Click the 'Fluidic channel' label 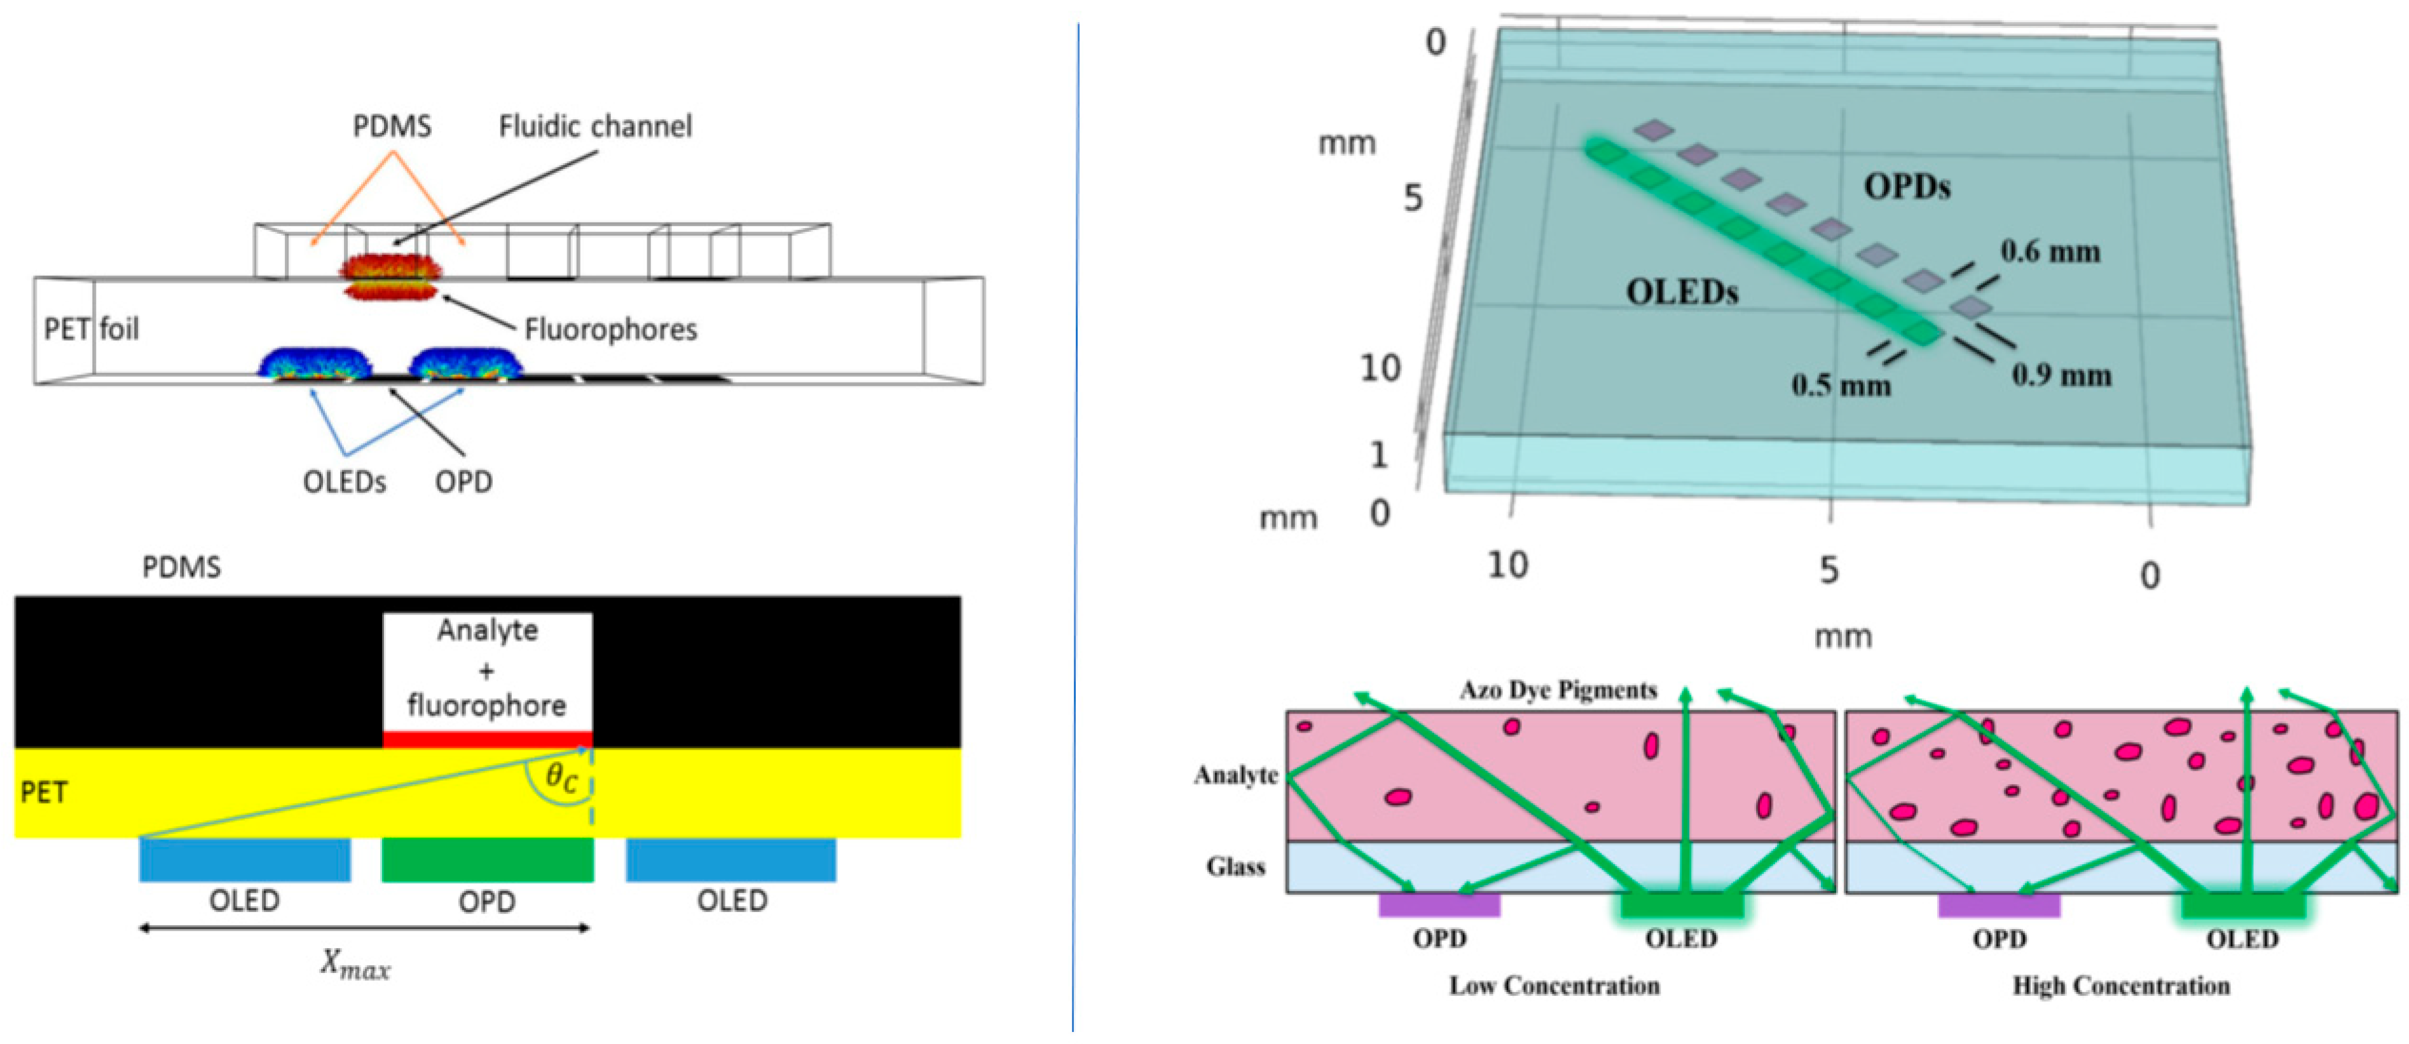pyautogui.click(x=594, y=126)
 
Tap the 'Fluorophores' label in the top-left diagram pyautogui.click(x=610, y=329)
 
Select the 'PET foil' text pyautogui.click(x=92, y=329)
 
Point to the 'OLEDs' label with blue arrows pyautogui.click(x=344, y=482)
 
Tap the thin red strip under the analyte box pyautogui.click(x=487, y=739)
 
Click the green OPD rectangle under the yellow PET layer pyautogui.click(x=487, y=860)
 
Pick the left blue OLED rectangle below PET pyautogui.click(x=245, y=860)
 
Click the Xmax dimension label pyautogui.click(x=355, y=965)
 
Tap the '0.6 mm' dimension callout pyautogui.click(x=2050, y=252)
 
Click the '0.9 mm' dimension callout pyautogui.click(x=2061, y=376)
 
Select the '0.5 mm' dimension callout pyautogui.click(x=1841, y=385)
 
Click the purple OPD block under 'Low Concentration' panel pyautogui.click(x=1439, y=905)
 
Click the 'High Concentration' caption pyautogui.click(x=2121, y=986)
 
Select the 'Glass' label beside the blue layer pyautogui.click(x=1235, y=867)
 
